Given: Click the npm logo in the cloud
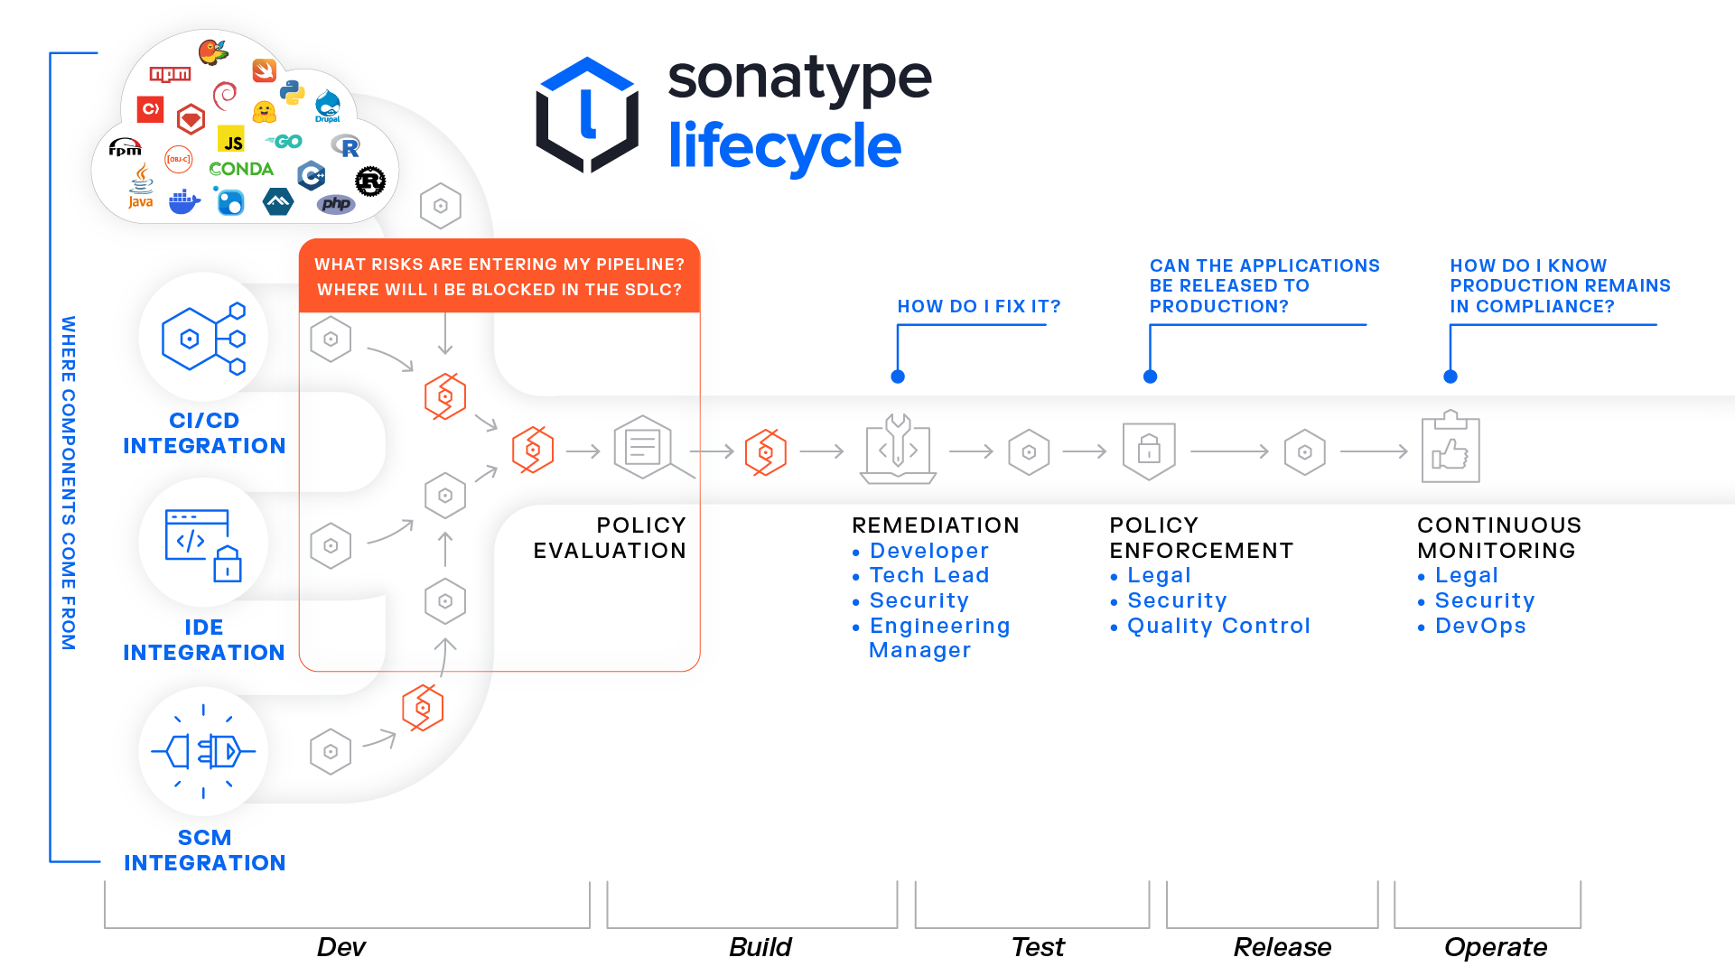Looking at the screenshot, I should [x=170, y=74].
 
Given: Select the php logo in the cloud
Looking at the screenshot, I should [x=336, y=204].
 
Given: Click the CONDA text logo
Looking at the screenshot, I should [x=241, y=169].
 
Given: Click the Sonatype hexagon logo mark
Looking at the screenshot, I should [x=587, y=115].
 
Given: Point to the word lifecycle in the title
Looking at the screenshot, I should [x=784, y=147].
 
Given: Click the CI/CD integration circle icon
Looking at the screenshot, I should [x=203, y=338].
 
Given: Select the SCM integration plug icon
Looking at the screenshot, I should [x=203, y=750].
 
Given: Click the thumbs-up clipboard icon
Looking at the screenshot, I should [x=1450, y=449].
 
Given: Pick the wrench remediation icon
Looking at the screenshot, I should [x=898, y=449].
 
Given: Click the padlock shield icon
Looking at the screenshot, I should [x=1149, y=449].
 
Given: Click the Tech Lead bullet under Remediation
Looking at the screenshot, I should [x=928, y=575].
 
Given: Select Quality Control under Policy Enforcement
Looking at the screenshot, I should [x=1217, y=626].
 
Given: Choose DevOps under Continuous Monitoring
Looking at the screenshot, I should [x=1480, y=626].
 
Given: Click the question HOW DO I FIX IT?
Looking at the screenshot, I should [x=979, y=306].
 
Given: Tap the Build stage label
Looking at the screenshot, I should [x=760, y=946].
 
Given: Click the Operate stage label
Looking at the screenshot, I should [x=1495, y=946].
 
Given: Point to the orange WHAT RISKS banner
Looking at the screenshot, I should [x=499, y=276].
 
